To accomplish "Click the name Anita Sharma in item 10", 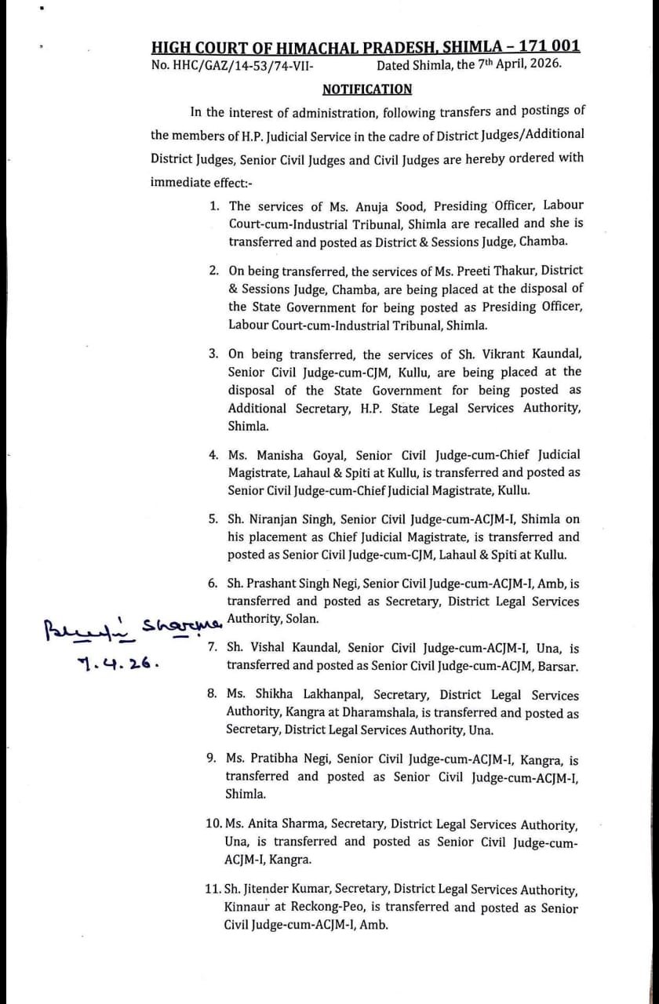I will (297, 824).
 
